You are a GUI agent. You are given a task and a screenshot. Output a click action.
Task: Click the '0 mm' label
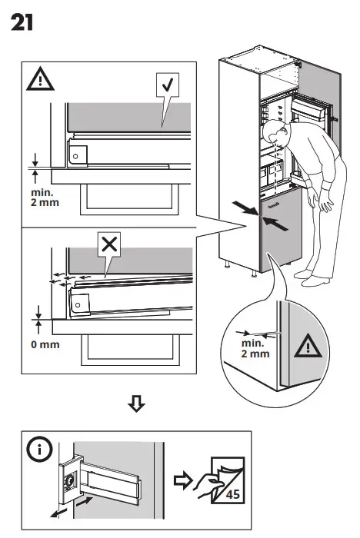click(45, 344)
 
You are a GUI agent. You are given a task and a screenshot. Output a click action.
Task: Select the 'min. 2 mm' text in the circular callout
click(255, 347)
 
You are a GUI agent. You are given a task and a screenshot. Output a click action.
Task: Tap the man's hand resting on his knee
click(328, 205)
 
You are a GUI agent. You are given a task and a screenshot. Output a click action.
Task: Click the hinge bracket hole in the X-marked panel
click(76, 303)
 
